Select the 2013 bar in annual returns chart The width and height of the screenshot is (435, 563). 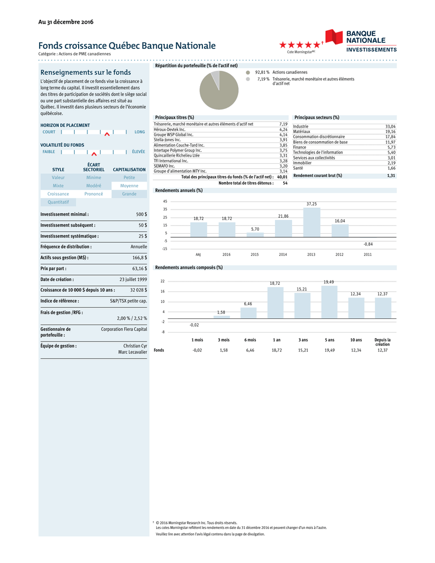312,222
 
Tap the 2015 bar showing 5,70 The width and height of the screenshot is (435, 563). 255,235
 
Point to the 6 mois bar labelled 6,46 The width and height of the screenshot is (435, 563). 248,313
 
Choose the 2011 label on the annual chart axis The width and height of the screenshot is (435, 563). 368,255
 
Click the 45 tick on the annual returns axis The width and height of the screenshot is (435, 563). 164,201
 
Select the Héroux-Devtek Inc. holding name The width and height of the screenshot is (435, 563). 169,129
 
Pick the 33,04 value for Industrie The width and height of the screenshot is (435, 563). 390,126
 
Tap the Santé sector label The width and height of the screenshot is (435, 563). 298,168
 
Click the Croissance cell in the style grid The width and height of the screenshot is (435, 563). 58,194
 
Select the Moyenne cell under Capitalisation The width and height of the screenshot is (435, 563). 129,186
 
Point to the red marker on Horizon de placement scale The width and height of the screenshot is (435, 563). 107,134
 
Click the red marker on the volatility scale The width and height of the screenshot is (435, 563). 94,153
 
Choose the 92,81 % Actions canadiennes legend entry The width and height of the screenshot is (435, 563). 273,72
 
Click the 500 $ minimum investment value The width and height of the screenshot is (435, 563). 141,214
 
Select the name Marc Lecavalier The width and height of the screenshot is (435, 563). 133,352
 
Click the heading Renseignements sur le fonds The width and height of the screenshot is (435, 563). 86,72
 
